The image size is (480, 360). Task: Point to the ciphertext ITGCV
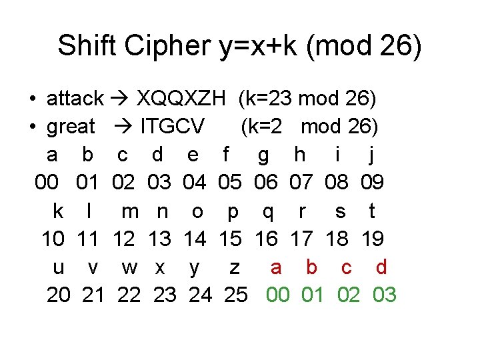[x=172, y=126]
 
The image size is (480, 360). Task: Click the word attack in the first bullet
[x=75, y=99]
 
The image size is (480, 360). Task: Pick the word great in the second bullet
[x=71, y=126]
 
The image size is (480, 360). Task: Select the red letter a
[x=276, y=267]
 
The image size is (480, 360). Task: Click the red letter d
[x=381, y=267]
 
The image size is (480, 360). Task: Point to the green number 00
[x=278, y=295]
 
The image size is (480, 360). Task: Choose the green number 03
[x=383, y=295]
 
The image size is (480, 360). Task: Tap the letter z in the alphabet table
[x=234, y=267]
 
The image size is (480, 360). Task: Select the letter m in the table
[x=130, y=211]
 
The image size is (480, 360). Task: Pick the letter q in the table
[x=268, y=211]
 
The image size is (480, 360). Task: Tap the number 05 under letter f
[x=230, y=183]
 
